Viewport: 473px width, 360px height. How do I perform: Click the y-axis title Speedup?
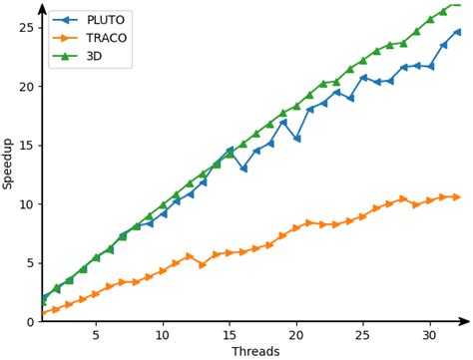(8, 166)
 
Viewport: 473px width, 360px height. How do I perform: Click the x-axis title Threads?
(255, 351)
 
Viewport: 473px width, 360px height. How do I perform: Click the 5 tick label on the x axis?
(96, 334)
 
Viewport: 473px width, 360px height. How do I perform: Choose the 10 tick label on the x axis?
(163, 334)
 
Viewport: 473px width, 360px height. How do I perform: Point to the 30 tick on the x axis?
(430, 334)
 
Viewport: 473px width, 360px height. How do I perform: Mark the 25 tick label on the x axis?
(363, 334)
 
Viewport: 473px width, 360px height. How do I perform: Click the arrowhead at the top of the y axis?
(42, 7)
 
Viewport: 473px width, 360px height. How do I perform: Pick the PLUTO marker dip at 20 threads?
(296, 139)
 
